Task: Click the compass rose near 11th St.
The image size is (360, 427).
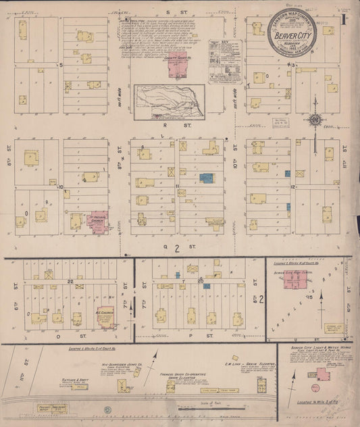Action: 315,120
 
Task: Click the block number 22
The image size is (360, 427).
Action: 70,279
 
